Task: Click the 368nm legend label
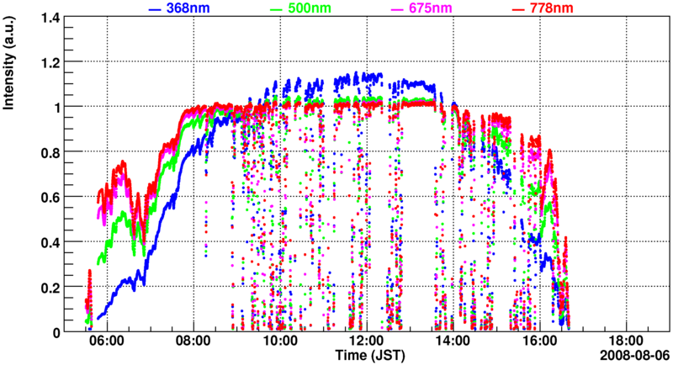coord(188,8)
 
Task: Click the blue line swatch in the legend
coord(155,8)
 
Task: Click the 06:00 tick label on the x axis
coord(107,342)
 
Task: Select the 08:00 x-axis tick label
coord(193,342)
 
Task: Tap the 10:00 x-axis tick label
coord(279,342)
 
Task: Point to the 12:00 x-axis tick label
coord(366,342)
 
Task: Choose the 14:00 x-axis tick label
coord(453,342)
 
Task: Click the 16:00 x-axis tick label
coord(539,342)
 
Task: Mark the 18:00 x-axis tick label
coord(625,342)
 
